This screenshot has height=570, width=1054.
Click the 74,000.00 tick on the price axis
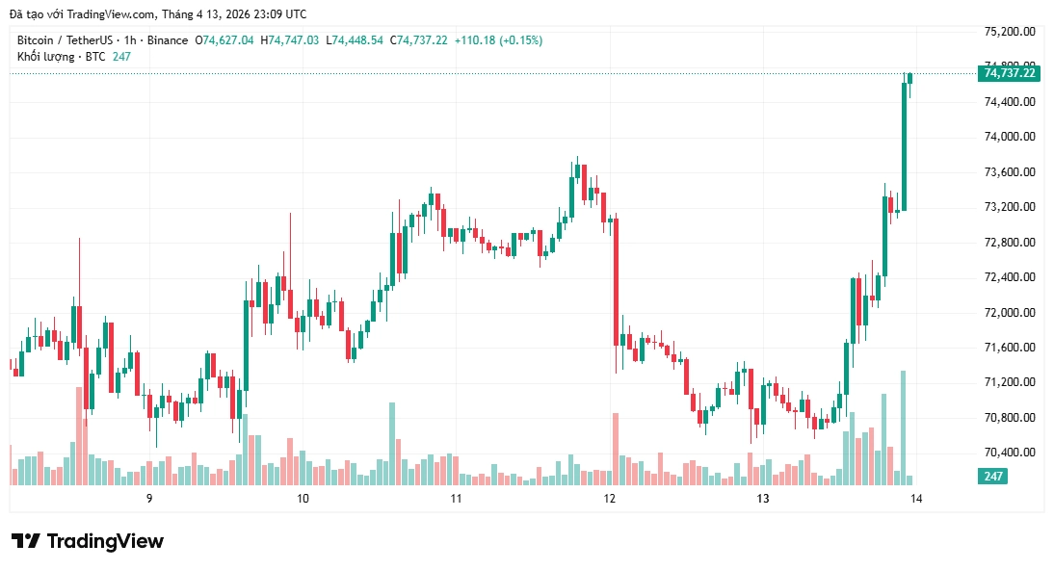pyautogui.click(x=1009, y=137)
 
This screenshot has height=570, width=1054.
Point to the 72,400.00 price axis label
pyautogui.click(x=1009, y=277)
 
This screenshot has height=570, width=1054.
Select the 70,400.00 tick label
pyautogui.click(x=1009, y=453)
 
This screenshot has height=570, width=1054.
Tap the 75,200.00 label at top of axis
pyautogui.click(x=1009, y=31)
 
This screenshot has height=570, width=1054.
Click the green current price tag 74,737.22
pyautogui.click(x=1009, y=73)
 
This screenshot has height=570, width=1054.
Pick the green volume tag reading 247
pyautogui.click(x=993, y=477)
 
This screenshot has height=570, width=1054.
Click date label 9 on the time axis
pyautogui.click(x=149, y=499)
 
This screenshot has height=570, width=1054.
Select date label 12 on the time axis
pyautogui.click(x=609, y=499)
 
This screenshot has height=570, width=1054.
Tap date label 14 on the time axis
pyautogui.click(x=916, y=499)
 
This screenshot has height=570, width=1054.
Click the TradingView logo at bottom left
pyautogui.click(x=88, y=541)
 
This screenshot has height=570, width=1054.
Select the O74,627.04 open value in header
pyautogui.click(x=225, y=40)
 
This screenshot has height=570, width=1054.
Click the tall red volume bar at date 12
pyautogui.click(x=616, y=449)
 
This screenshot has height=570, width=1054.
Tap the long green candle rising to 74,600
pyautogui.click(x=904, y=144)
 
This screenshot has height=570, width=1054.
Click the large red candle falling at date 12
pyautogui.click(x=616, y=279)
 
